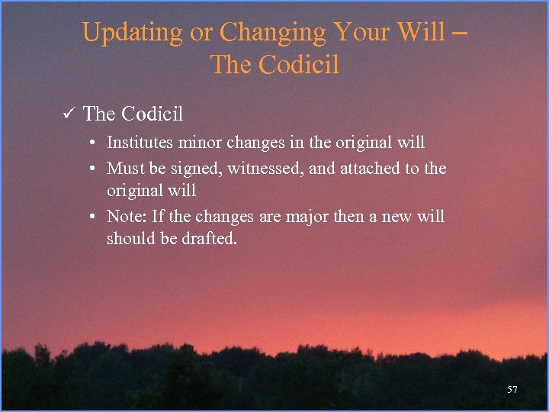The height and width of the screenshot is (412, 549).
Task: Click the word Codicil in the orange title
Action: tap(298, 65)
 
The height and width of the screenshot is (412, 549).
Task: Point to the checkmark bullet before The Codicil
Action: tap(67, 114)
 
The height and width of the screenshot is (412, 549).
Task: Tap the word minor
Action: tap(200, 143)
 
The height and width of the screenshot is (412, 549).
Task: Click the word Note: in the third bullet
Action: tap(127, 217)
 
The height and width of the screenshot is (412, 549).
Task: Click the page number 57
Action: tap(512, 390)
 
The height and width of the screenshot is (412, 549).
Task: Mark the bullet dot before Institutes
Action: tap(91, 143)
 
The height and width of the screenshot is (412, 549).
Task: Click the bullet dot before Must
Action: tap(91, 168)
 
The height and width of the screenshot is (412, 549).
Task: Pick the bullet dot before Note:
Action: tap(91, 217)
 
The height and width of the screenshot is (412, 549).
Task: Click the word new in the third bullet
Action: tap(396, 217)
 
